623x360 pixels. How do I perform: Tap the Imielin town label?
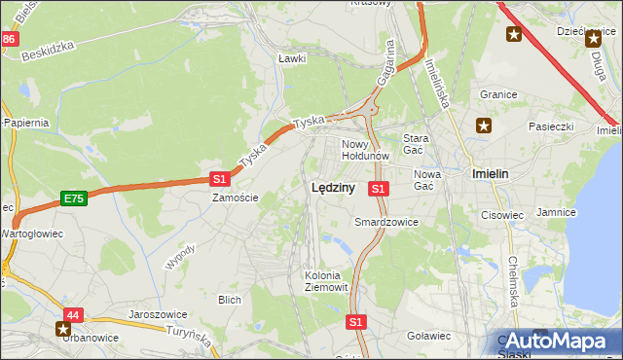[x=492, y=174]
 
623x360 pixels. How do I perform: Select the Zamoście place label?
[x=236, y=198]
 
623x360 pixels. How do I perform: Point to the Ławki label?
[x=292, y=58]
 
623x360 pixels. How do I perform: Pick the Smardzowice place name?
[x=386, y=222]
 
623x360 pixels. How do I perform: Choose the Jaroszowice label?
[x=157, y=315]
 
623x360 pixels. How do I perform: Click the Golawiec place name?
[x=428, y=336]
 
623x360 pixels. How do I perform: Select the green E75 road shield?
[x=72, y=198]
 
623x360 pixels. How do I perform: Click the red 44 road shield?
[x=73, y=315]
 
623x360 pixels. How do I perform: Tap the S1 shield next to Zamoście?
[x=219, y=179]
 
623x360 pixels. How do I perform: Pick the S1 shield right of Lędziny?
[x=379, y=188]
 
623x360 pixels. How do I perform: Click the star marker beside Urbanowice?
[x=64, y=330]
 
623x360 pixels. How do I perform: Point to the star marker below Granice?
[x=484, y=125]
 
